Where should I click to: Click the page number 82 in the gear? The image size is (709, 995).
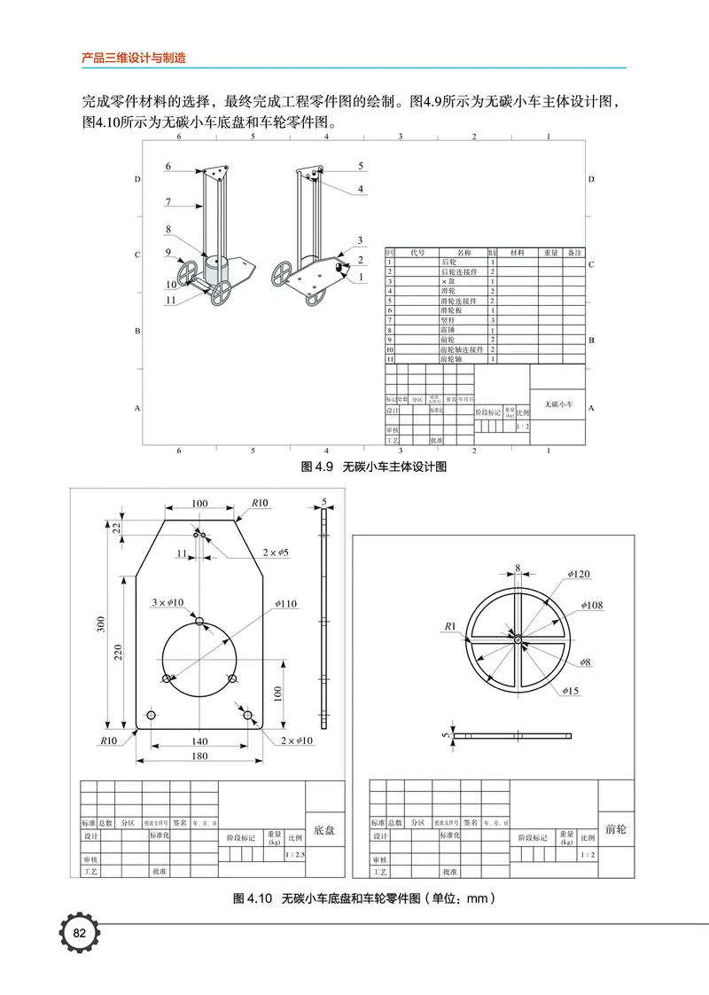click(x=79, y=933)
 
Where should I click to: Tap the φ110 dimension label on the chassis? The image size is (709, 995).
click(x=284, y=603)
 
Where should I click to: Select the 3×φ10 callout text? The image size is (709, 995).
click(x=168, y=602)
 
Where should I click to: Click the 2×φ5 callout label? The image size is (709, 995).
click(x=276, y=552)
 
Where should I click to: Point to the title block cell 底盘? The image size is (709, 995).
click(x=324, y=830)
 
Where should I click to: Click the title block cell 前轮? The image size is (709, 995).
click(x=615, y=829)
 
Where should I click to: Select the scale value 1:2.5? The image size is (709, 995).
click(x=295, y=855)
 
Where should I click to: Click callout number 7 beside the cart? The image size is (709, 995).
click(x=168, y=202)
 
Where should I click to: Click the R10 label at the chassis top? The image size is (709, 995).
click(x=259, y=503)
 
